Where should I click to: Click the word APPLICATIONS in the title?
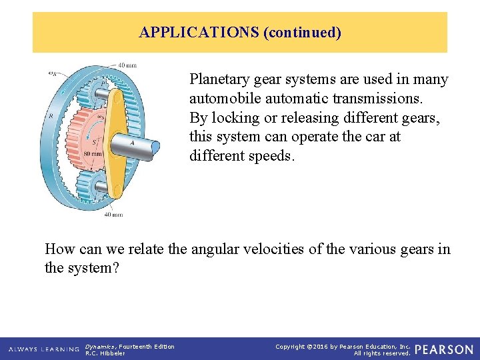point(199,33)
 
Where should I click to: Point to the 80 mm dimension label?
point(93,153)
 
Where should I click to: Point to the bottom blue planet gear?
point(99,184)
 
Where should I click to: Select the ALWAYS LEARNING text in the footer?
point(44,349)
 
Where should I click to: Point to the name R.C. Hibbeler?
point(105,353)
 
